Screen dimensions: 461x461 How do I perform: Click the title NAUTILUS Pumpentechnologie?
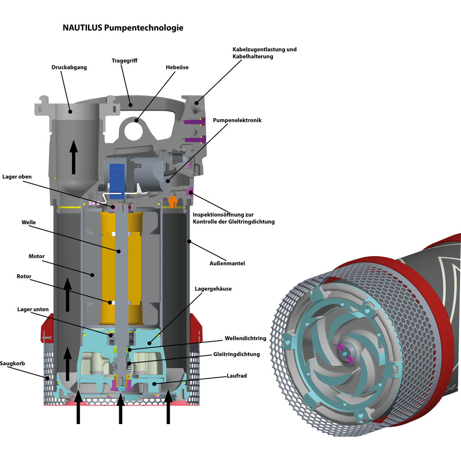click(x=123, y=28)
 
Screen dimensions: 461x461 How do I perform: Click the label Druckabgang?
click(x=69, y=67)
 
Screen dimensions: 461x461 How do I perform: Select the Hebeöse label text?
click(x=177, y=67)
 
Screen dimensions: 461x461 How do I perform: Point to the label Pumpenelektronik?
click(x=237, y=120)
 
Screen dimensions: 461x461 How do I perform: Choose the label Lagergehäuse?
click(x=213, y=289)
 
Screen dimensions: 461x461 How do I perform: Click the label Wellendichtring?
click(x=245, y=338)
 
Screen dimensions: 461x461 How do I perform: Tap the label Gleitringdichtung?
click(x=236, y=354)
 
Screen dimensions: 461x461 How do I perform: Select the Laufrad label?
click(x=237, y=375)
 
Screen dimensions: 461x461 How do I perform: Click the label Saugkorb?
click(x=12, y=363)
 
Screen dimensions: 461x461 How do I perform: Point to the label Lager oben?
click(x=17, y=176)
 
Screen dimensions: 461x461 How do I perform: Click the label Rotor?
click(x=24, y=276)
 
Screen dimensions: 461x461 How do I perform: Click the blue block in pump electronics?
click(x=117, y=178)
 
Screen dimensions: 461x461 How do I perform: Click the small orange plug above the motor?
click(x=172, y=201)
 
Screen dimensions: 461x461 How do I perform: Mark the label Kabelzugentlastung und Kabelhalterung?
click(x=264, y=53)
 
